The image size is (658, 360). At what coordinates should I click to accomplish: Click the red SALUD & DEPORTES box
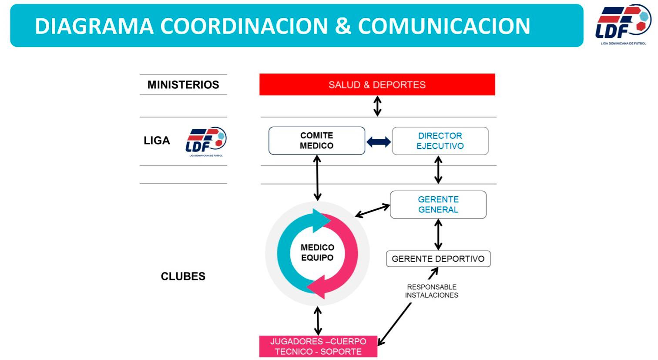tap(377, 84)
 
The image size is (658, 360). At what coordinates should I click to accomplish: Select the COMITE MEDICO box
tap(316, 141)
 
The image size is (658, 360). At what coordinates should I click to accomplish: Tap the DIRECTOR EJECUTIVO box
tap(440, 141)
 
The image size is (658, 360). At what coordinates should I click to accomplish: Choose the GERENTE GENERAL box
tap(438, 205)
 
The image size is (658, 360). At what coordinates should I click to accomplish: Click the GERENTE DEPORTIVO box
tap(438, 259)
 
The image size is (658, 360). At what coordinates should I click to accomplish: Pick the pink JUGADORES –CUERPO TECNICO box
tap(318, 347)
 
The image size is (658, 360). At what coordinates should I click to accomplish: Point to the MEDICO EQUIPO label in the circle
tap(317, 252)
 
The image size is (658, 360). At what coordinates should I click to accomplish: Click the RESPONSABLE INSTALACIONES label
tap(431, 291)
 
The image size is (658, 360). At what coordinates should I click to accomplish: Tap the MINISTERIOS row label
tap(183, 84)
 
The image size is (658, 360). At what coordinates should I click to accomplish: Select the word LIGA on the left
tap(157, 141)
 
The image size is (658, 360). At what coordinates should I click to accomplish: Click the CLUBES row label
tap(183, 276)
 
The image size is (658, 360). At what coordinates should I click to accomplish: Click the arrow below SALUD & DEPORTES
tap(377, 106)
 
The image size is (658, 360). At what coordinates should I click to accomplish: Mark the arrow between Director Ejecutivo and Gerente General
tap(438, 170)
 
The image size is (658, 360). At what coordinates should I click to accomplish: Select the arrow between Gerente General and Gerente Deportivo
tap(438, 234)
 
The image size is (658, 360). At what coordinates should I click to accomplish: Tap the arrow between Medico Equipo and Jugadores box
tap(318, 321)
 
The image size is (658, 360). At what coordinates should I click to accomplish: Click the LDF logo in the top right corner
tap(623, 24)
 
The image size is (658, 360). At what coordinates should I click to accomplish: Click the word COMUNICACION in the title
tap(444, 26)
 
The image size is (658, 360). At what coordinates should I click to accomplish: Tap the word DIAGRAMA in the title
tap(94, 26)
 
